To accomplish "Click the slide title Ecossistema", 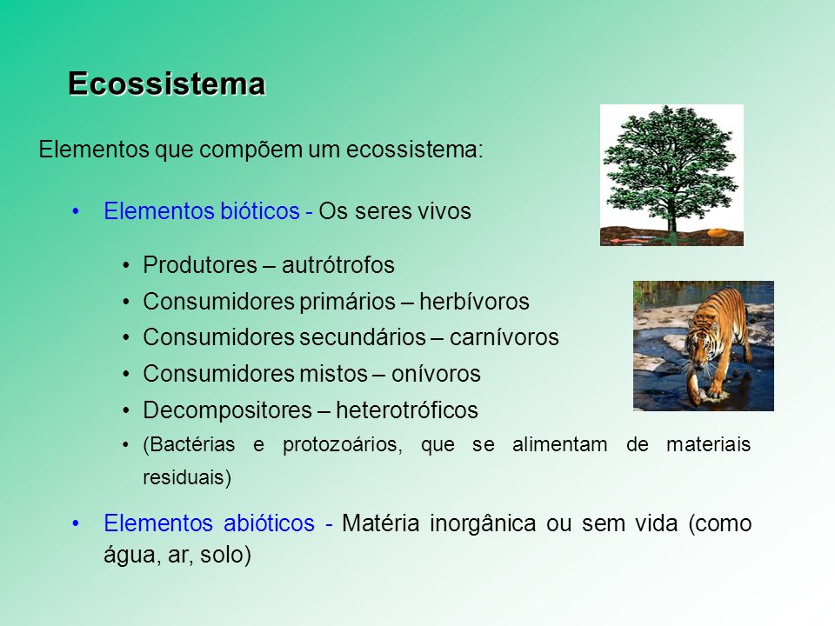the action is [x=167, y=84].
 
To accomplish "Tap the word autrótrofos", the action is [x=338, y=265].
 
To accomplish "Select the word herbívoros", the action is [x=475, y=302].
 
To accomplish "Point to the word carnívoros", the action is [x=504, y=337].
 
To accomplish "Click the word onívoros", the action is [x=436, y=374].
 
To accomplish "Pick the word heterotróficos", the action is [x=407, y=410].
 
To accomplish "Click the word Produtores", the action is [x=200, y=265].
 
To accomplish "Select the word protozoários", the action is [x=343, y=445].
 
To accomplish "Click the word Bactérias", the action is [x=189, y=444].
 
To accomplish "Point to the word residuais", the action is [x=187, y=477].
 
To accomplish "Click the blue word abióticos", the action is [x=269, y=523].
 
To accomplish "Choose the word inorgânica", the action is [x=483, y=523].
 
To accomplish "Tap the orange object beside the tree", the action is [x=718, y=232].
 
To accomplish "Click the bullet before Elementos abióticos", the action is [x=76, y=523].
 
